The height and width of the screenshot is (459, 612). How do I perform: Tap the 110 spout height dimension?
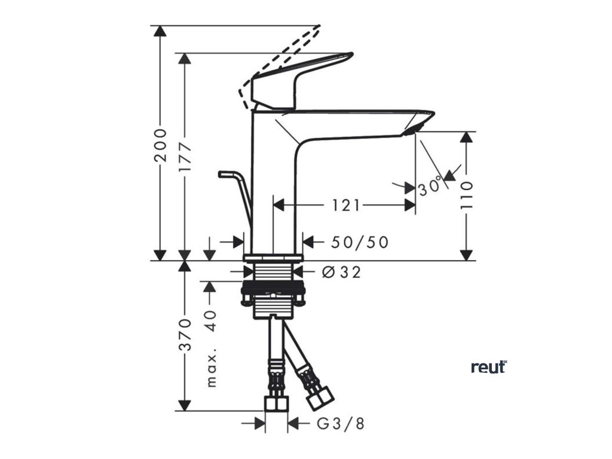(467, 194)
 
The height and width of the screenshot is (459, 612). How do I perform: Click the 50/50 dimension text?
(359, 242)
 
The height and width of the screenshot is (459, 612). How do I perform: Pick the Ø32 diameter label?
(341, 273)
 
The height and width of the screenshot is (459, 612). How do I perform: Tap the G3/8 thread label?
(339, 424)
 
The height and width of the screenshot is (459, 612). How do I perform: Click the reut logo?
(488, 366)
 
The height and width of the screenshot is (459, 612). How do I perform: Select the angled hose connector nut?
(320, 397)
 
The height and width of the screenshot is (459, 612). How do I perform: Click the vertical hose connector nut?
(276, 404)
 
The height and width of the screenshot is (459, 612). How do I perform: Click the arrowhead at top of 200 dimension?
(160, 31)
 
